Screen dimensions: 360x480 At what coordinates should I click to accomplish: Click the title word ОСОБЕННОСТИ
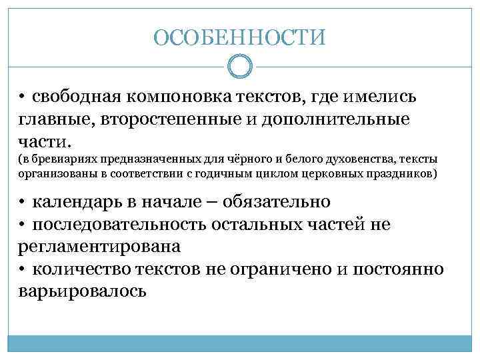point(240,37)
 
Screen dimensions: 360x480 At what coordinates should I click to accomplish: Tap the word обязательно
point(277,201)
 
